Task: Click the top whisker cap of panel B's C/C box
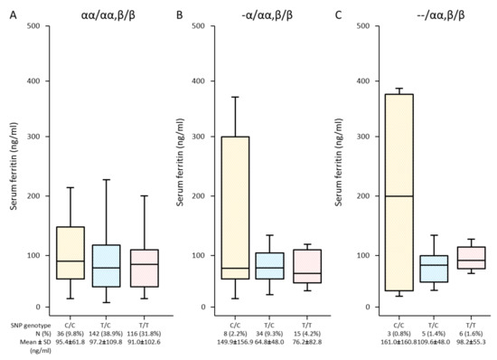236,97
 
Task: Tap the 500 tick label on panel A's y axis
33,24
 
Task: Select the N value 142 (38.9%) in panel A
105,333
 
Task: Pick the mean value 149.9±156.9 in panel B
236,343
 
